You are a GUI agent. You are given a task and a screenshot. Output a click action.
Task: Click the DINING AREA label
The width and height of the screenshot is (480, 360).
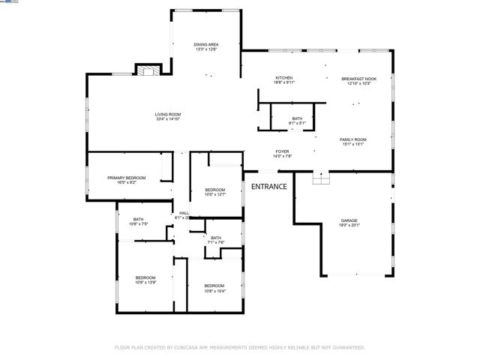(x=207, y=44)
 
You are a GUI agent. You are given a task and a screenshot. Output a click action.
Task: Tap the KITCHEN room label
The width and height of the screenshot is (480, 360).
(x=283, y=78)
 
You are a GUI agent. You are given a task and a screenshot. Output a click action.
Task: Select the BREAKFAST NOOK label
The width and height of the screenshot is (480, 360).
(x=358, y=78)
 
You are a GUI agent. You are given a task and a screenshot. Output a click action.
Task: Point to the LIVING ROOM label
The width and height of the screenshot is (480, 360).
(x=169, y=114)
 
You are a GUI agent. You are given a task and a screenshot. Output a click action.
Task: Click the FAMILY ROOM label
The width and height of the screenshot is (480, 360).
(x=352, y=139)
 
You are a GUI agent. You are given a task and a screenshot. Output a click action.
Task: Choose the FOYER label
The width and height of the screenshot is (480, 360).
(x=281, y=151)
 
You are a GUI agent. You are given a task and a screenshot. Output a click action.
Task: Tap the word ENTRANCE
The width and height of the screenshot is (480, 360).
(x=268, y=187)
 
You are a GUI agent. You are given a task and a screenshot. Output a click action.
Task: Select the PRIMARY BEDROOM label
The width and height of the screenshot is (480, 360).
(x=126, y=177)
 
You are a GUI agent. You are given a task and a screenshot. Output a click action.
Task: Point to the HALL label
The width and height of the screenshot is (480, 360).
(x=183, y=213)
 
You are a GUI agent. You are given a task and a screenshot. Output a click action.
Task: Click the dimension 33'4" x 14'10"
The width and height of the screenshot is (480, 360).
(x=169, y=118)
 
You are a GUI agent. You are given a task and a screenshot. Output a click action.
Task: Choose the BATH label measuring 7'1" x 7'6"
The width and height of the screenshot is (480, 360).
(x=216, y=238)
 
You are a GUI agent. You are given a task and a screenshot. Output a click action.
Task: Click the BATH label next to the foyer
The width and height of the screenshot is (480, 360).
(x=297, y=118)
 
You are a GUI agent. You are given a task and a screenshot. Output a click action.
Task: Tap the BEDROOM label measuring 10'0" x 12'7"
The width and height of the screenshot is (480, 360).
(x=215, y=190)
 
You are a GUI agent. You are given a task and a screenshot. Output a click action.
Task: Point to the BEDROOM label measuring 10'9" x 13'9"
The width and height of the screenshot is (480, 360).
(x=145, y=277)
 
